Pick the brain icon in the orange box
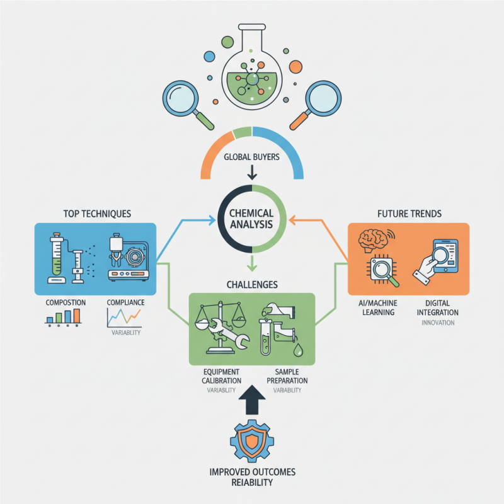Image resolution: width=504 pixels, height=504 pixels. pyautogui.click(x=374, y=241)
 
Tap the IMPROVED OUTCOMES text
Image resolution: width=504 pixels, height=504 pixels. pyautogui.click(x=252, y=472)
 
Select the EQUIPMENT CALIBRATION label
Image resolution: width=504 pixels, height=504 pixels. pyautogui.click(x=222, y=375)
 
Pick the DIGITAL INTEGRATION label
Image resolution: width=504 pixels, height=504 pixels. pyautogui.click(x=437, y=308)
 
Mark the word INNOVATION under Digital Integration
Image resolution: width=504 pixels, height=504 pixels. pyautogui.click(x=437, y=323)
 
